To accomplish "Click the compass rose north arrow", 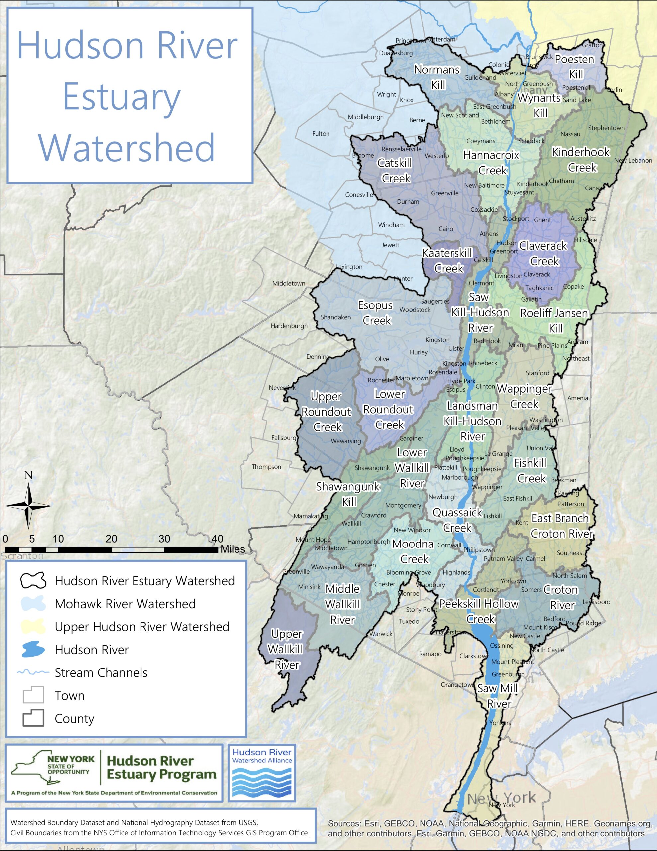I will point(28,505).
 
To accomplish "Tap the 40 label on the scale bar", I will point(217,539).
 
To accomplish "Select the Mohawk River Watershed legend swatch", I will point(33,604).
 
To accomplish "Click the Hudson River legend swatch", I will point(33,650).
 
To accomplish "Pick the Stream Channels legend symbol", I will point(33,672).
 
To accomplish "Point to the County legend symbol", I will point(33,718).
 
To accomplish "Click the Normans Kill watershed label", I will point(437,77).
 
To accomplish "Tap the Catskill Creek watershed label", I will point(395,170).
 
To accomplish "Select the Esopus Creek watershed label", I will point(376,313).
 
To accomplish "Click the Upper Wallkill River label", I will point(287,649).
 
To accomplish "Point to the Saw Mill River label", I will point(498,696).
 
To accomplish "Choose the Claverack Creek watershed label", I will point(544,253).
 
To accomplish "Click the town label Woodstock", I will point(415,310).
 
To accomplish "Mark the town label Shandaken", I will point(336,317).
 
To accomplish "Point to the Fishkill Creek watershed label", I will point(530,471).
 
